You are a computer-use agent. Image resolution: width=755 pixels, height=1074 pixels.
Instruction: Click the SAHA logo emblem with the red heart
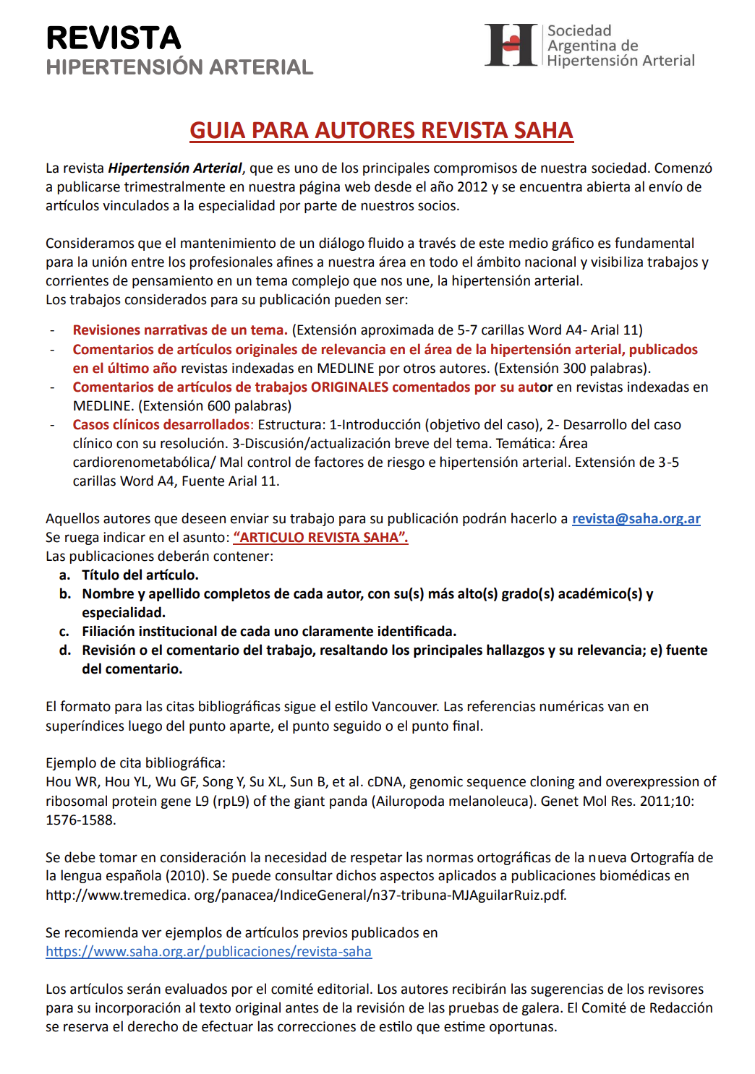coord(511,45)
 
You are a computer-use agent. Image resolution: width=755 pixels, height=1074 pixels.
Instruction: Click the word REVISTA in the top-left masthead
coord(114,38)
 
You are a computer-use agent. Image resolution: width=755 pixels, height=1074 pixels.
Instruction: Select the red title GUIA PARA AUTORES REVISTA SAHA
coord(381,130)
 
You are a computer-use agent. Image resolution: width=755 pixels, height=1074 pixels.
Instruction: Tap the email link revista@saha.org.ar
coord(636,518)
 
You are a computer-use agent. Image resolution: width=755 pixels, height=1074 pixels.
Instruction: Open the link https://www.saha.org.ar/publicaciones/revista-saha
coord(208,951)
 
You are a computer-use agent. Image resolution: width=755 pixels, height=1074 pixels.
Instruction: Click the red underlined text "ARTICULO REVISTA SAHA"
coord(320,537)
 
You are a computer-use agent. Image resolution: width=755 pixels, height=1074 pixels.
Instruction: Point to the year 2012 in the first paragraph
coord(473,186)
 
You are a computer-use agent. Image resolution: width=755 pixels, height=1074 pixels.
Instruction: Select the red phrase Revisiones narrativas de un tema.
coord(180,330)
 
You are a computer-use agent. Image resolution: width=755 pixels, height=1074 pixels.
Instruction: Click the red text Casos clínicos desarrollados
coord(161,424)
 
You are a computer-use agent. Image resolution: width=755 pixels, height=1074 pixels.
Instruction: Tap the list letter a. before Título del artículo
coord(65,575)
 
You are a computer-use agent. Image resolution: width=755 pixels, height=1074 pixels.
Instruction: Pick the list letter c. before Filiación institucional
coord(65,631)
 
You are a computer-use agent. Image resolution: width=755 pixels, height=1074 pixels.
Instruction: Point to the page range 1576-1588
coord(80,820)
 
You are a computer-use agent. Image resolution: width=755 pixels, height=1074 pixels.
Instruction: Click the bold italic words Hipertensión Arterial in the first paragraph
coord(175,168)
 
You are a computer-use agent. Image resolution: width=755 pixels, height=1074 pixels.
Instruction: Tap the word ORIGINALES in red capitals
coord(349,387)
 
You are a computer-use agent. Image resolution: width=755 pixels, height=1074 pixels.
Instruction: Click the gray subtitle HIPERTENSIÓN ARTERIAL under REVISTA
coord(179,67)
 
